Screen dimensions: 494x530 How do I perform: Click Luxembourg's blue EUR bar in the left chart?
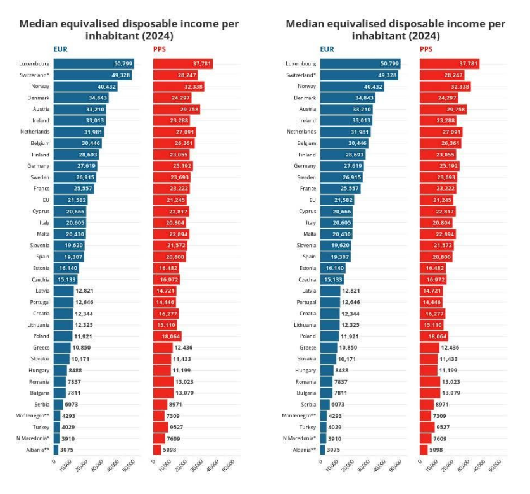[x=93, y=64]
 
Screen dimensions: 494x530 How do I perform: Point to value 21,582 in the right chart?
[x=342, y=200]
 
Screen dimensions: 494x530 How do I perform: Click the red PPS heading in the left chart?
[x=160, y=49]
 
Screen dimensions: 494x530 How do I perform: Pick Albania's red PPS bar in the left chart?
[x=157, y=450]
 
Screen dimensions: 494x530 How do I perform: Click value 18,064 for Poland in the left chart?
[x=189, y=336]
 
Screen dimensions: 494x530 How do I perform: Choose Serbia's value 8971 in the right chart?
[x=443, y=404]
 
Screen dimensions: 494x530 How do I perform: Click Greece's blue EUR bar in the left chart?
[x=62, y=348]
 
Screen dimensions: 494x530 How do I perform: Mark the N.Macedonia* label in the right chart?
[x=300, y=438]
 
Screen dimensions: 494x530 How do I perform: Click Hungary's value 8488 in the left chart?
[x=75, y=370]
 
